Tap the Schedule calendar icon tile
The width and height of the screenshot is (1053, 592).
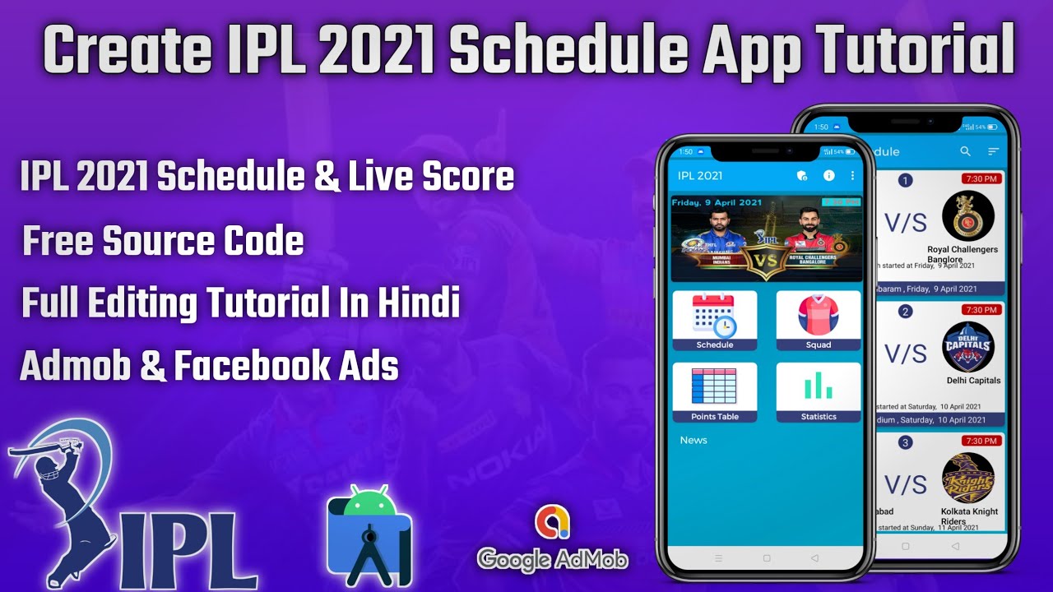point(714,320)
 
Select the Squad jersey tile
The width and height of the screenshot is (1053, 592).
point(818,320)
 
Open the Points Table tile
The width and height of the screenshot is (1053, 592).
point(714,391)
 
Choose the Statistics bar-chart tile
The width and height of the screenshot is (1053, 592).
point(818,391)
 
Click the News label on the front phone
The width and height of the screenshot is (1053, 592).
point(693,440)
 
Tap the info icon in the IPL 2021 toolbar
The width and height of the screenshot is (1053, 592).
point(828,175)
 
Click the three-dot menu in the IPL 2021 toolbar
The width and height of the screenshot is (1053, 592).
point(852,175)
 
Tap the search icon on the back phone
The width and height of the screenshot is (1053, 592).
point(966,151)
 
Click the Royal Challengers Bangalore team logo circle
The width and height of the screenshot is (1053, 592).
point(967,216)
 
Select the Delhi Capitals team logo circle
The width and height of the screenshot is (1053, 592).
point(967,347)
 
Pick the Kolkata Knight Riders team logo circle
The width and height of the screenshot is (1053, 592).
point(967,478)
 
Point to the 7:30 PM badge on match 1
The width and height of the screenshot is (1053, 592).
point(981,178)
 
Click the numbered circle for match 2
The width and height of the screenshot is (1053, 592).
point(906,312)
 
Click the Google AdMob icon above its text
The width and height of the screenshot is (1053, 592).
point(552,522)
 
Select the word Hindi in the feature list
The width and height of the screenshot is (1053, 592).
point(418,304)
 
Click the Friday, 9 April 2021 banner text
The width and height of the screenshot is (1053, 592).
point(717,201)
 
